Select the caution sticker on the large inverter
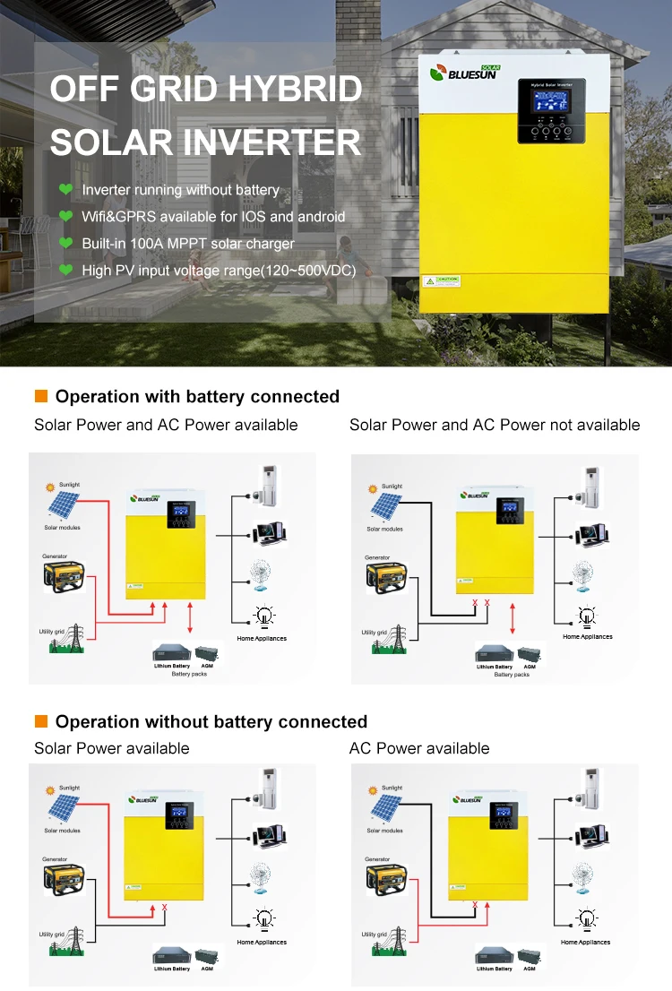pyautogui.click(x=442, y=280)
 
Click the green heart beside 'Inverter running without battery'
pyautogui.click(x=65, y=190)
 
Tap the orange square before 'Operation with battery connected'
pyautogui.click(x=40, y=396)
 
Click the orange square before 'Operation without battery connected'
pyautogui.click(x=40, y=721)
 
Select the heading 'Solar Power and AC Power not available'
pyautogui.click(x=495, y=425)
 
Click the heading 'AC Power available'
pyautogui.click(x=419, y=748)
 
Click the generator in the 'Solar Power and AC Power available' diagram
pyautogui.click(x=64, y=576)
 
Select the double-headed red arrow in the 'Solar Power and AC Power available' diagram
pyautogui.click(x=189, y=618)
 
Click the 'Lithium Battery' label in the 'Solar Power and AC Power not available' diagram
pyautogui.click(x=494, y=667)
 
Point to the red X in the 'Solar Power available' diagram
pyautogui.click(x=165, y=908)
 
